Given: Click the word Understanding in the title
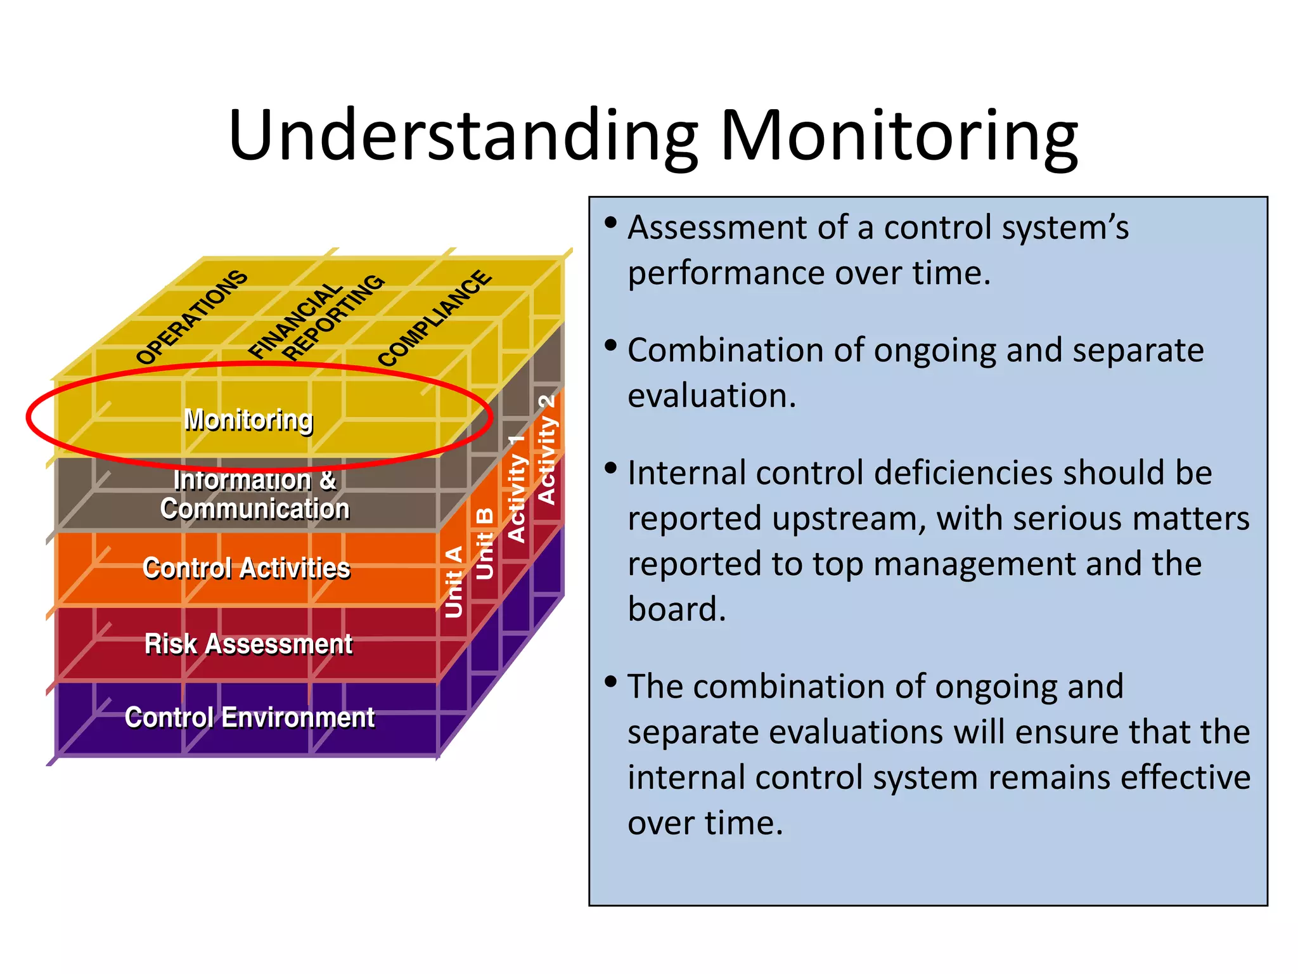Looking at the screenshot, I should click(463, 136).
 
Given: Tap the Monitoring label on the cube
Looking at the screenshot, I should click(248, 420).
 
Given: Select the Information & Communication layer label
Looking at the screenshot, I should click(255, 495).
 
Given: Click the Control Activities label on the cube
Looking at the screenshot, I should click(247, 568).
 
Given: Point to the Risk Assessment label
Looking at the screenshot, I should click(248, 644).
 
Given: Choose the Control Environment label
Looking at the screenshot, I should click(250, 718).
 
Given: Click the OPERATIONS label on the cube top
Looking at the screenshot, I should click(191, 317).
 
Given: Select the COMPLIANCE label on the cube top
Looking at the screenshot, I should click(435, 318).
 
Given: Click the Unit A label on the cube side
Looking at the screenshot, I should click(454, 581).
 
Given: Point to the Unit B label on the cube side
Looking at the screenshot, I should click(484, 543).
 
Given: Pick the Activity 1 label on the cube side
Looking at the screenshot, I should click(517, 488).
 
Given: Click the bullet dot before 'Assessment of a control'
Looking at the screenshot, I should click(610, 223).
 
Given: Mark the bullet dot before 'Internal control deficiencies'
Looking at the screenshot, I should click(610, 468).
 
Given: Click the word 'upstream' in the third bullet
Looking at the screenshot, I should click(837, 519).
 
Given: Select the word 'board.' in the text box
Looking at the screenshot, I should click(676, 609).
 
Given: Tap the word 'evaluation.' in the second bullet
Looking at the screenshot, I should click(711, 396).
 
